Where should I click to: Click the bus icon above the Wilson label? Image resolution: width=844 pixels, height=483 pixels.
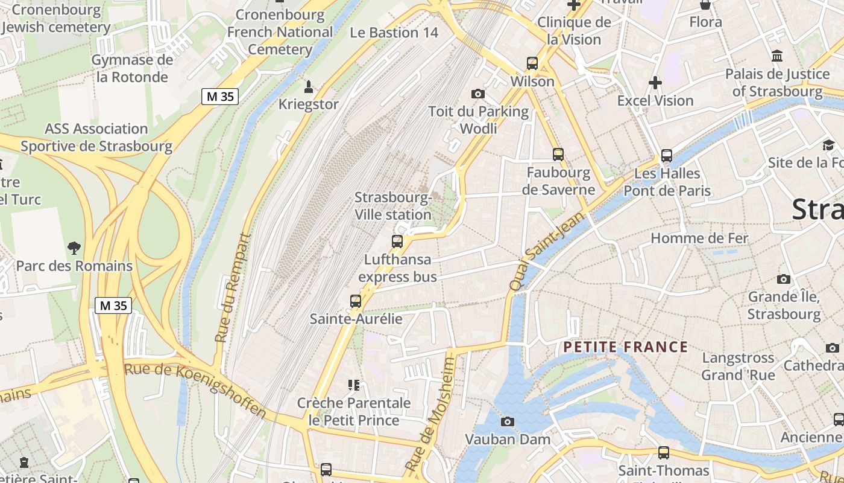[x=532, y=63]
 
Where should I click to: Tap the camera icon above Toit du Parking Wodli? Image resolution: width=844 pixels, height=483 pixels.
[x=478, y=94]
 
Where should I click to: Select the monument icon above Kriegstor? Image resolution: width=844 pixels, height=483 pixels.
[x=309, y=87]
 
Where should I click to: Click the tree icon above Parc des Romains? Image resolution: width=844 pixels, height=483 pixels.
[x=74, y=247]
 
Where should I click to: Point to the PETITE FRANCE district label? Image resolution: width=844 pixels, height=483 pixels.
[x=625, y=347]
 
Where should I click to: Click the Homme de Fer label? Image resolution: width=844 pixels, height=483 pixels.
[x=699, y=238]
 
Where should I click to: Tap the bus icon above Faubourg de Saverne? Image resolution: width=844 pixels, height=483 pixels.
[x=558, y=155]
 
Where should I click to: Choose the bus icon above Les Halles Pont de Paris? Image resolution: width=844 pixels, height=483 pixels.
[x=667, y=155]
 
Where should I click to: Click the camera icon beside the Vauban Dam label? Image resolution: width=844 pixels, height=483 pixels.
[x=508, y=421]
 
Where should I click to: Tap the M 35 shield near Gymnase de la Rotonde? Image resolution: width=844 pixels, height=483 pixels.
[x=220, y=96]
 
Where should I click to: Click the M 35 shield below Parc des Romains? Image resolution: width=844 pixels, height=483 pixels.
[x=113, y=305]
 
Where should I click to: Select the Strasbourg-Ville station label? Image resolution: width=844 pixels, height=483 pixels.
[x=393, y=206]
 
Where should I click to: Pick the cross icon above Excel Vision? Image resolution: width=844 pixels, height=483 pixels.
[x=655, y=82]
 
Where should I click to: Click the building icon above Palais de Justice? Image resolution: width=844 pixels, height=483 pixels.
[x=777, y=56]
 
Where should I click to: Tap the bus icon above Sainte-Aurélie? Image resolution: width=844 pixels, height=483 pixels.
[x=356, y=301]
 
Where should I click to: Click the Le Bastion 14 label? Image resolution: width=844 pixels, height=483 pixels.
[x=394, y=33]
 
